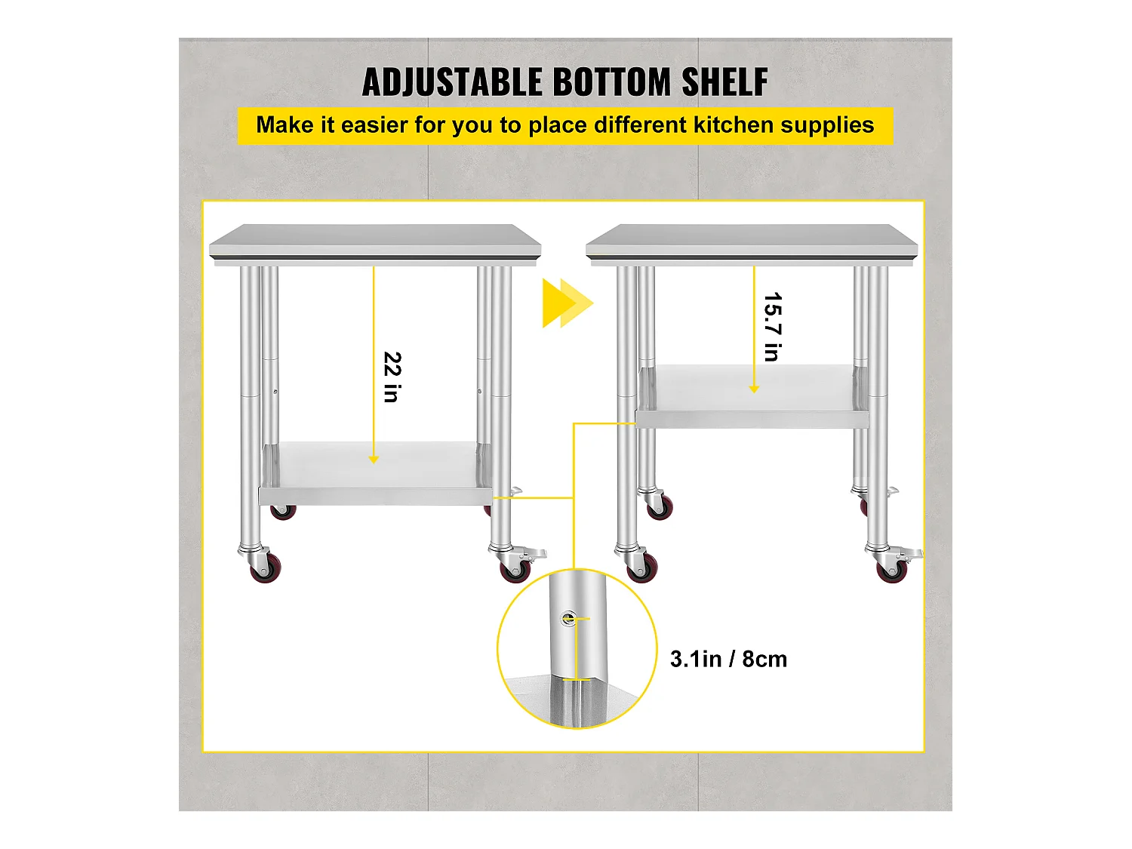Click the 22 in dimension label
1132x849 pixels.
tap(392, 377)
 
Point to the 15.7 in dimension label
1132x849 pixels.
tap(773, 327)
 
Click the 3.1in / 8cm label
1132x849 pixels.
tap(728, 660)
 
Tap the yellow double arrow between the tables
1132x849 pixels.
tap(568, 303)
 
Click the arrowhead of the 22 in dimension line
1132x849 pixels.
tap(374, 460)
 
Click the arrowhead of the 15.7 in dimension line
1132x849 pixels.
tap(754, 389)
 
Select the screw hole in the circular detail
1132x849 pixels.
tap(568, 618)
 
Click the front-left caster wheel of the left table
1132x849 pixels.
tap(266, 568)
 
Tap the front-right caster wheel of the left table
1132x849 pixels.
tap(515, 569)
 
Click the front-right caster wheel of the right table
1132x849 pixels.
tap(892, 569)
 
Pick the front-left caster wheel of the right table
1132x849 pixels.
tap(642, 568)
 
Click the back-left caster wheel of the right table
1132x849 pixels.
tap(660, 506)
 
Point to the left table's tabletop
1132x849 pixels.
tap(375, 241)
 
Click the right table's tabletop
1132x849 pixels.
tap(752, 241)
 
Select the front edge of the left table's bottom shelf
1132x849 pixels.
tap(375, 497)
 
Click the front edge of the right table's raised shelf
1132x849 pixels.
tap(752, 419)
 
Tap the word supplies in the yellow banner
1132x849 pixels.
tap(827, 126)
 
